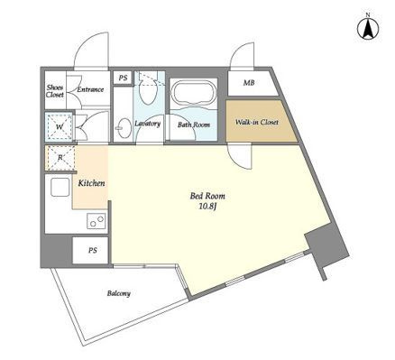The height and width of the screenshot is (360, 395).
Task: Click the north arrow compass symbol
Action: [x=368, y=28]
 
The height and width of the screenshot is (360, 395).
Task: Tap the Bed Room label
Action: [x=207, y=197]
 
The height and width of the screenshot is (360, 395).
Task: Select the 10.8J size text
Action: [x=207, y=207]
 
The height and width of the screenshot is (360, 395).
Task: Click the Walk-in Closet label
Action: [x=256, y=123]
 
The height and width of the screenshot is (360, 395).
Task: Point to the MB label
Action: [x=249, y=83]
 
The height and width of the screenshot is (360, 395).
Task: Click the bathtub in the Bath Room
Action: [x=193, y=92]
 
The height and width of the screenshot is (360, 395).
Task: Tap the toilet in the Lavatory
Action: [x=149, y=89]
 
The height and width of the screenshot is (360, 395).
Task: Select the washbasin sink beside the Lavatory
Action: [x=124, y=128]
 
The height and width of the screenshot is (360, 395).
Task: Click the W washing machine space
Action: [x=60, y=126]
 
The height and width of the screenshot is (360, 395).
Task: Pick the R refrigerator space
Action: [x=60, y=158]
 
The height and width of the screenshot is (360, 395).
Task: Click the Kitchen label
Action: [x=91, y=183]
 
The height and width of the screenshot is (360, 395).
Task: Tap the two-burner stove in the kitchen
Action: [x=96, y=221]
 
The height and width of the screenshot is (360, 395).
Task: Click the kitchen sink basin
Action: [x=60, y=188]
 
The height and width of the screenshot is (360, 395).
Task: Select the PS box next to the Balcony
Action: [x=90, y=250]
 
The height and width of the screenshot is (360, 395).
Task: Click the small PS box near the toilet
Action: [x=123, y=78]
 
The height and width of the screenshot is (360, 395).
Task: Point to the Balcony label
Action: [x=119, y=293]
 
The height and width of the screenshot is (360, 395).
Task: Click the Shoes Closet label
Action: [x=55, y=91]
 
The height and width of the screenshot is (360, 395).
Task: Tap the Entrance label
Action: [x=90, y=89]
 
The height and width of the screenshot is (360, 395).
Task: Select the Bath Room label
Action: [x=194, y=125]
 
